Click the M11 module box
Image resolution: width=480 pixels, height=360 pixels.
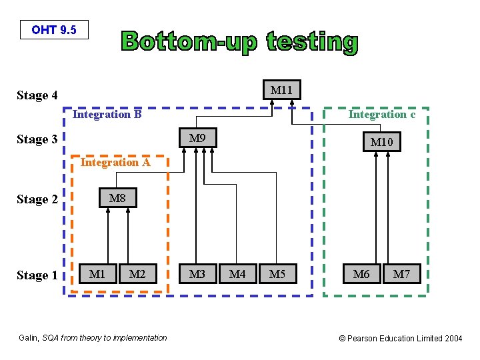(x=282, y=89)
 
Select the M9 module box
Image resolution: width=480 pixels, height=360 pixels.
(x=197, y=139)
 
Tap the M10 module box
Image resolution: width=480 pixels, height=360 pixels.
(x=382, y=142)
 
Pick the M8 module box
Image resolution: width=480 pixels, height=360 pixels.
(x=117, y=198)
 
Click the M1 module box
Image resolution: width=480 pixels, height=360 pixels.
(x=97, y=274)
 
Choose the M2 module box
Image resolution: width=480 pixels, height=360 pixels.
(x=137, y=274)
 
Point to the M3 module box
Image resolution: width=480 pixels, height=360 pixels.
(x=197, y=274)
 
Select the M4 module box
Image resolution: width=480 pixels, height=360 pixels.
(x=237, y=274)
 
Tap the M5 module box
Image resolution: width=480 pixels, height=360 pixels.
(x=277, y=274)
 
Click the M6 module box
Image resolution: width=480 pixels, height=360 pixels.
(x=361, y=274)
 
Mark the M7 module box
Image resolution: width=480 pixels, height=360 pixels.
(x=401, y=274)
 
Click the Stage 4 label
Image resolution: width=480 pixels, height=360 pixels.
(x=37, y=95)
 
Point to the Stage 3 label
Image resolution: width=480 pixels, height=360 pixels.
(x=37, y=139)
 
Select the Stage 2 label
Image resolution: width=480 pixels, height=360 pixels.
(x=37, y=199)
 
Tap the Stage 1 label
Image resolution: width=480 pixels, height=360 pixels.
(x=37, y=275)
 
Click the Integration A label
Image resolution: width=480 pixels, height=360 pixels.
(x=115, y=162)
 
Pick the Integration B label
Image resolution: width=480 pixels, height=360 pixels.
(x=107, y=115)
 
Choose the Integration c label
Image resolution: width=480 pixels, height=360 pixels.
(x=382, y=115)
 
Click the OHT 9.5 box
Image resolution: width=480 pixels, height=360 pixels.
(x=54, y=30)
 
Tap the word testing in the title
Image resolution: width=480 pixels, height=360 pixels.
(x=312, y=42)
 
